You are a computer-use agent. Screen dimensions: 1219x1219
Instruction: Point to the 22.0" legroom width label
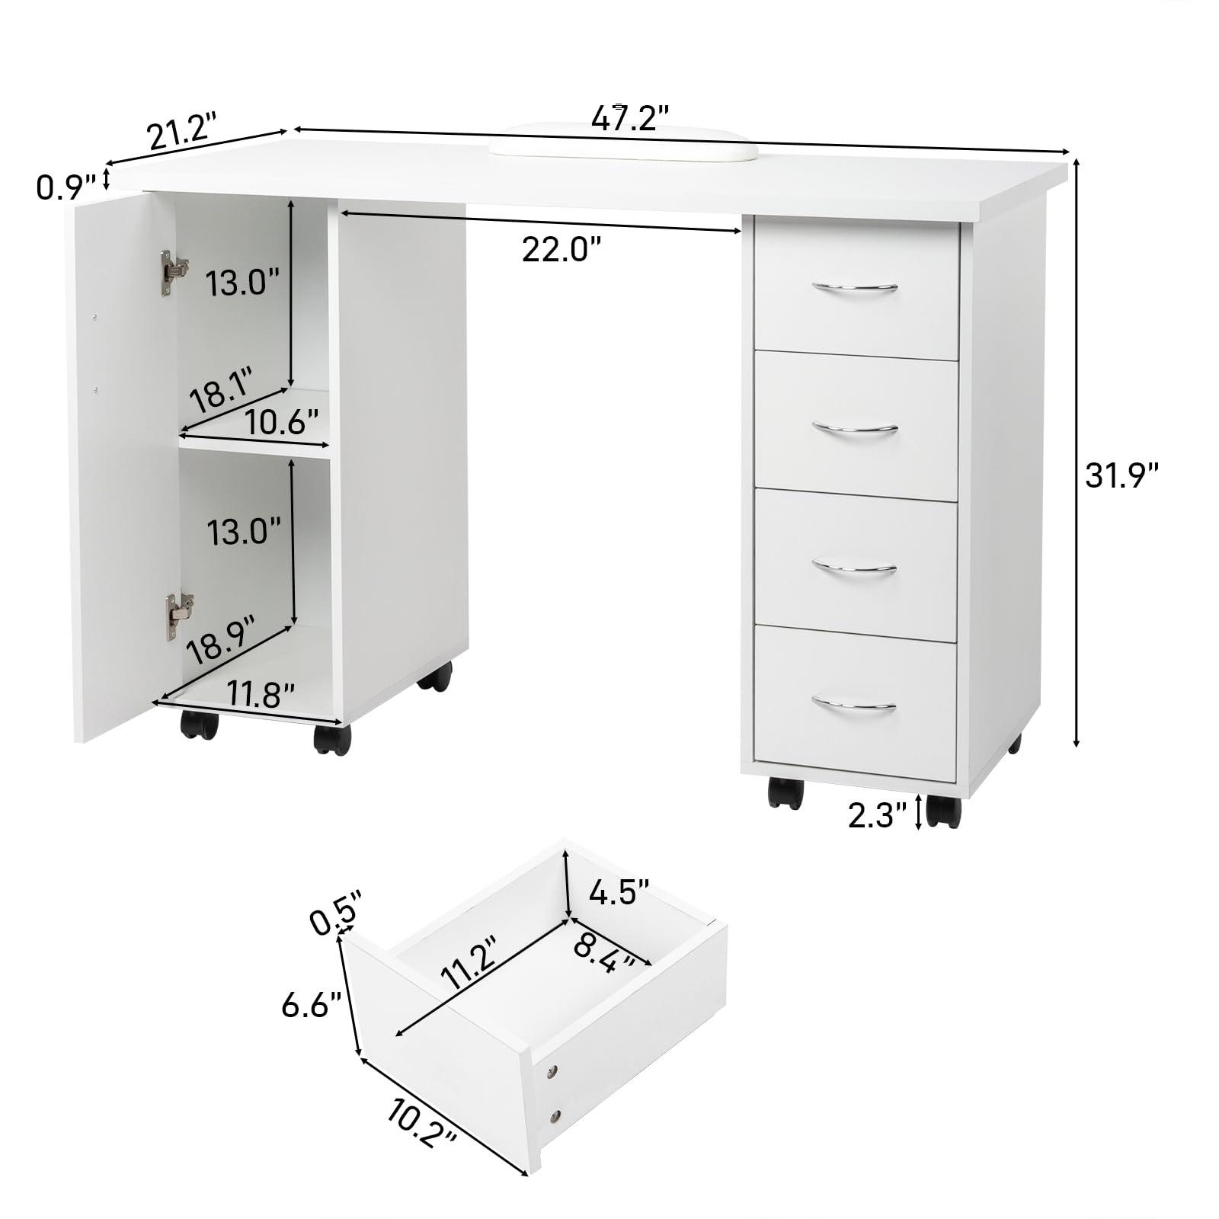pyautogui.click(x=562, y=249)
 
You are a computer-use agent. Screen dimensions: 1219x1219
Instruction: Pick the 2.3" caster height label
pyautogui.click(x=878, y=817)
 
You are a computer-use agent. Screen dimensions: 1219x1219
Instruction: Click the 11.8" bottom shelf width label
pyautogui.click(x=261, y=695)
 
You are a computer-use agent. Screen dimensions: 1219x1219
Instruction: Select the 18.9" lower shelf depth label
pyautogui.click(x=222, y=638)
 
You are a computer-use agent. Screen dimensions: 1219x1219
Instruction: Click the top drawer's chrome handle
pyautogui.click(x=854, y=287)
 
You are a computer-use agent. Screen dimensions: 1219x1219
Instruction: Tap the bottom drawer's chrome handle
pyautogui.click(x=853, y=704)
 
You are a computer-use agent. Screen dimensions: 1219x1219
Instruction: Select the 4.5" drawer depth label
pyautogui.click(x=619, y=892)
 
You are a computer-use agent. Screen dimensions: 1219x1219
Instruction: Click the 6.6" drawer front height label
pyautogui.click(x=311, y=1006)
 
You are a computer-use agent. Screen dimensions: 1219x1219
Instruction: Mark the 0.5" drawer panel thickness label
pyautogui.click(x=335, y=913)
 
